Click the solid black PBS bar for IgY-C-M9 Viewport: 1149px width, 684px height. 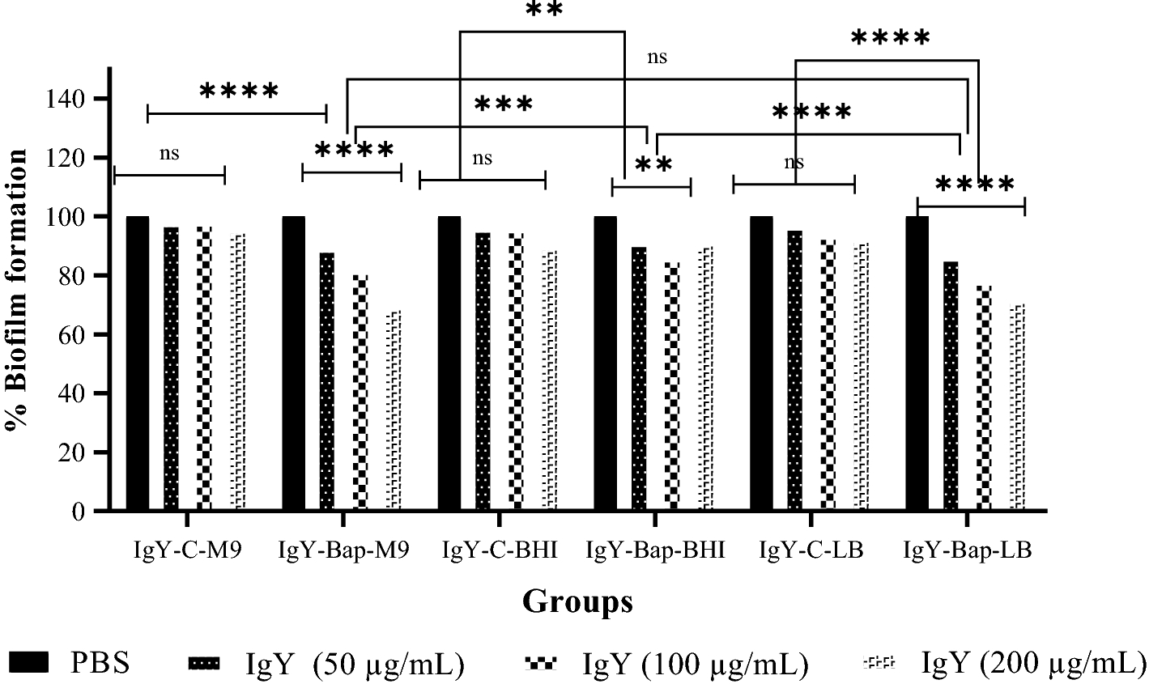(138, 363)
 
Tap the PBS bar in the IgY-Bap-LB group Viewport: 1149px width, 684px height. (917, 363)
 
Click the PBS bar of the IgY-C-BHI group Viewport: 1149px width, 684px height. (449, 363)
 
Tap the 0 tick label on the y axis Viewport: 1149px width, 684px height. (79, 511)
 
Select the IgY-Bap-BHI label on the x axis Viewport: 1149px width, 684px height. (654, 551)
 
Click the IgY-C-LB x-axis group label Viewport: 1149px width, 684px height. (811, 551)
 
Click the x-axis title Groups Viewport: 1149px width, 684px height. (577, 601)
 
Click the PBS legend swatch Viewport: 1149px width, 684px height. (29, 663)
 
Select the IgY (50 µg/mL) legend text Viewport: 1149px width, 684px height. (355, 664)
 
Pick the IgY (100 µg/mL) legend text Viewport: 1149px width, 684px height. (695, 664)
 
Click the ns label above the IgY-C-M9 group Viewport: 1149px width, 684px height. (169, 154)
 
